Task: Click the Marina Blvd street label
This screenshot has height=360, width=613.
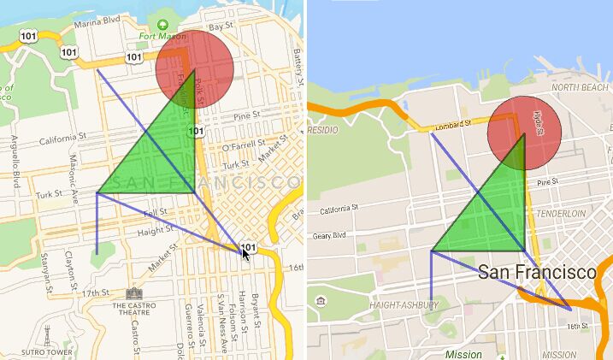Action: tap(97, 24)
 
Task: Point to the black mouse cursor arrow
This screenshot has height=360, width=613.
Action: tap(246, 254)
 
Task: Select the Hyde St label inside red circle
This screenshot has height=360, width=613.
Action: tap(539, 125)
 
